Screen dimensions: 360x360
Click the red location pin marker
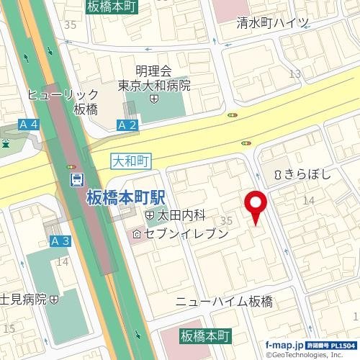coord(256,204)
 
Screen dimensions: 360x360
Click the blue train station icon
coord(76,180)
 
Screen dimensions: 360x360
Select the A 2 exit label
coord(126,125)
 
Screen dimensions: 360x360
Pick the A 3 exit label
coord(60,240)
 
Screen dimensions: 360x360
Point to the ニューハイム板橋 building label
coord(224,302)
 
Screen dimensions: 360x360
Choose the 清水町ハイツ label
coord(273,22)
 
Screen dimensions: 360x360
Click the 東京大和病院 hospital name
coord(155,85)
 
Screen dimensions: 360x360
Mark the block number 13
coord(294,73)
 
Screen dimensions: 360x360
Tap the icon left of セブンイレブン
coord(137,235)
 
